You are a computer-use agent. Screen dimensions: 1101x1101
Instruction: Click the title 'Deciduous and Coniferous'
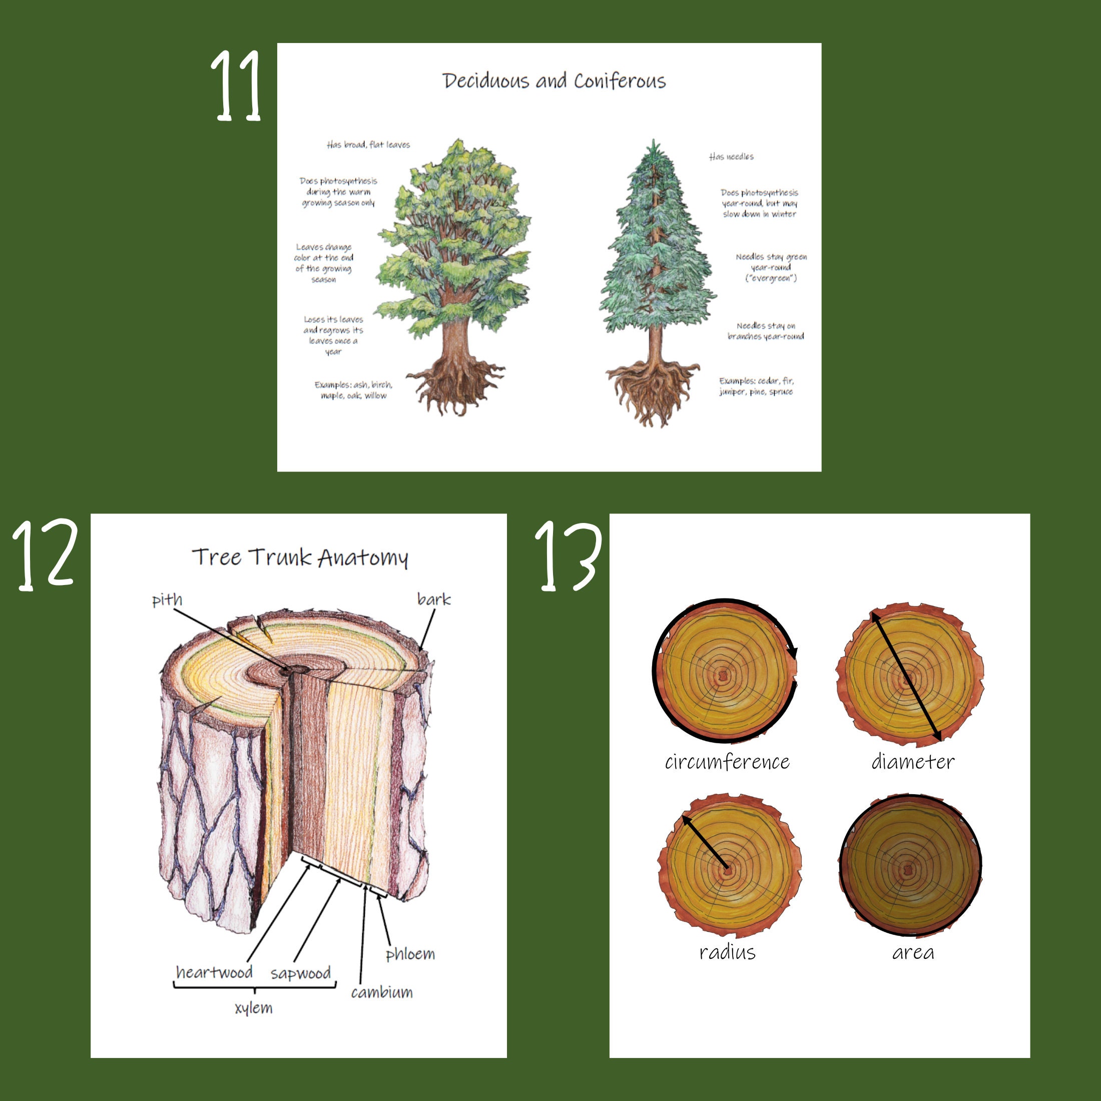(554, 81)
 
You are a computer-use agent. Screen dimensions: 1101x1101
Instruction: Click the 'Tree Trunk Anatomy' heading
(300, 557)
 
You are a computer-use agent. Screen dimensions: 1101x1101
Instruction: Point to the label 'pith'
(167, 600)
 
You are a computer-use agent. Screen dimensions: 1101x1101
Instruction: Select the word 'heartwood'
(214, 972)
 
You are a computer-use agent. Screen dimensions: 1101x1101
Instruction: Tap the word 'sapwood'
(300, 973)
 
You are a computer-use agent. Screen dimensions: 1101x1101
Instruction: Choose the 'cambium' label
(381, 993)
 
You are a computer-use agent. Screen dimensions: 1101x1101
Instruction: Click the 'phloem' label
(410, 954)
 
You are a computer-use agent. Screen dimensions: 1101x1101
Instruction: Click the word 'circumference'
(727, 762)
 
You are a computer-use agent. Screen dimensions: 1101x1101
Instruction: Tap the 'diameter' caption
(912, 762)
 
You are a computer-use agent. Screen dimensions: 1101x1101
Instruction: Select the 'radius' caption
(727, 952)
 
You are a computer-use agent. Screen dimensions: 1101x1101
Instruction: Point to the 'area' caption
(912, 952)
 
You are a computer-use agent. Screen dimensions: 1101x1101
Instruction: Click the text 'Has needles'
(731, 157)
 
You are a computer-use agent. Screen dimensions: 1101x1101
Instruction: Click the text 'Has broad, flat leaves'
(368, 145)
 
